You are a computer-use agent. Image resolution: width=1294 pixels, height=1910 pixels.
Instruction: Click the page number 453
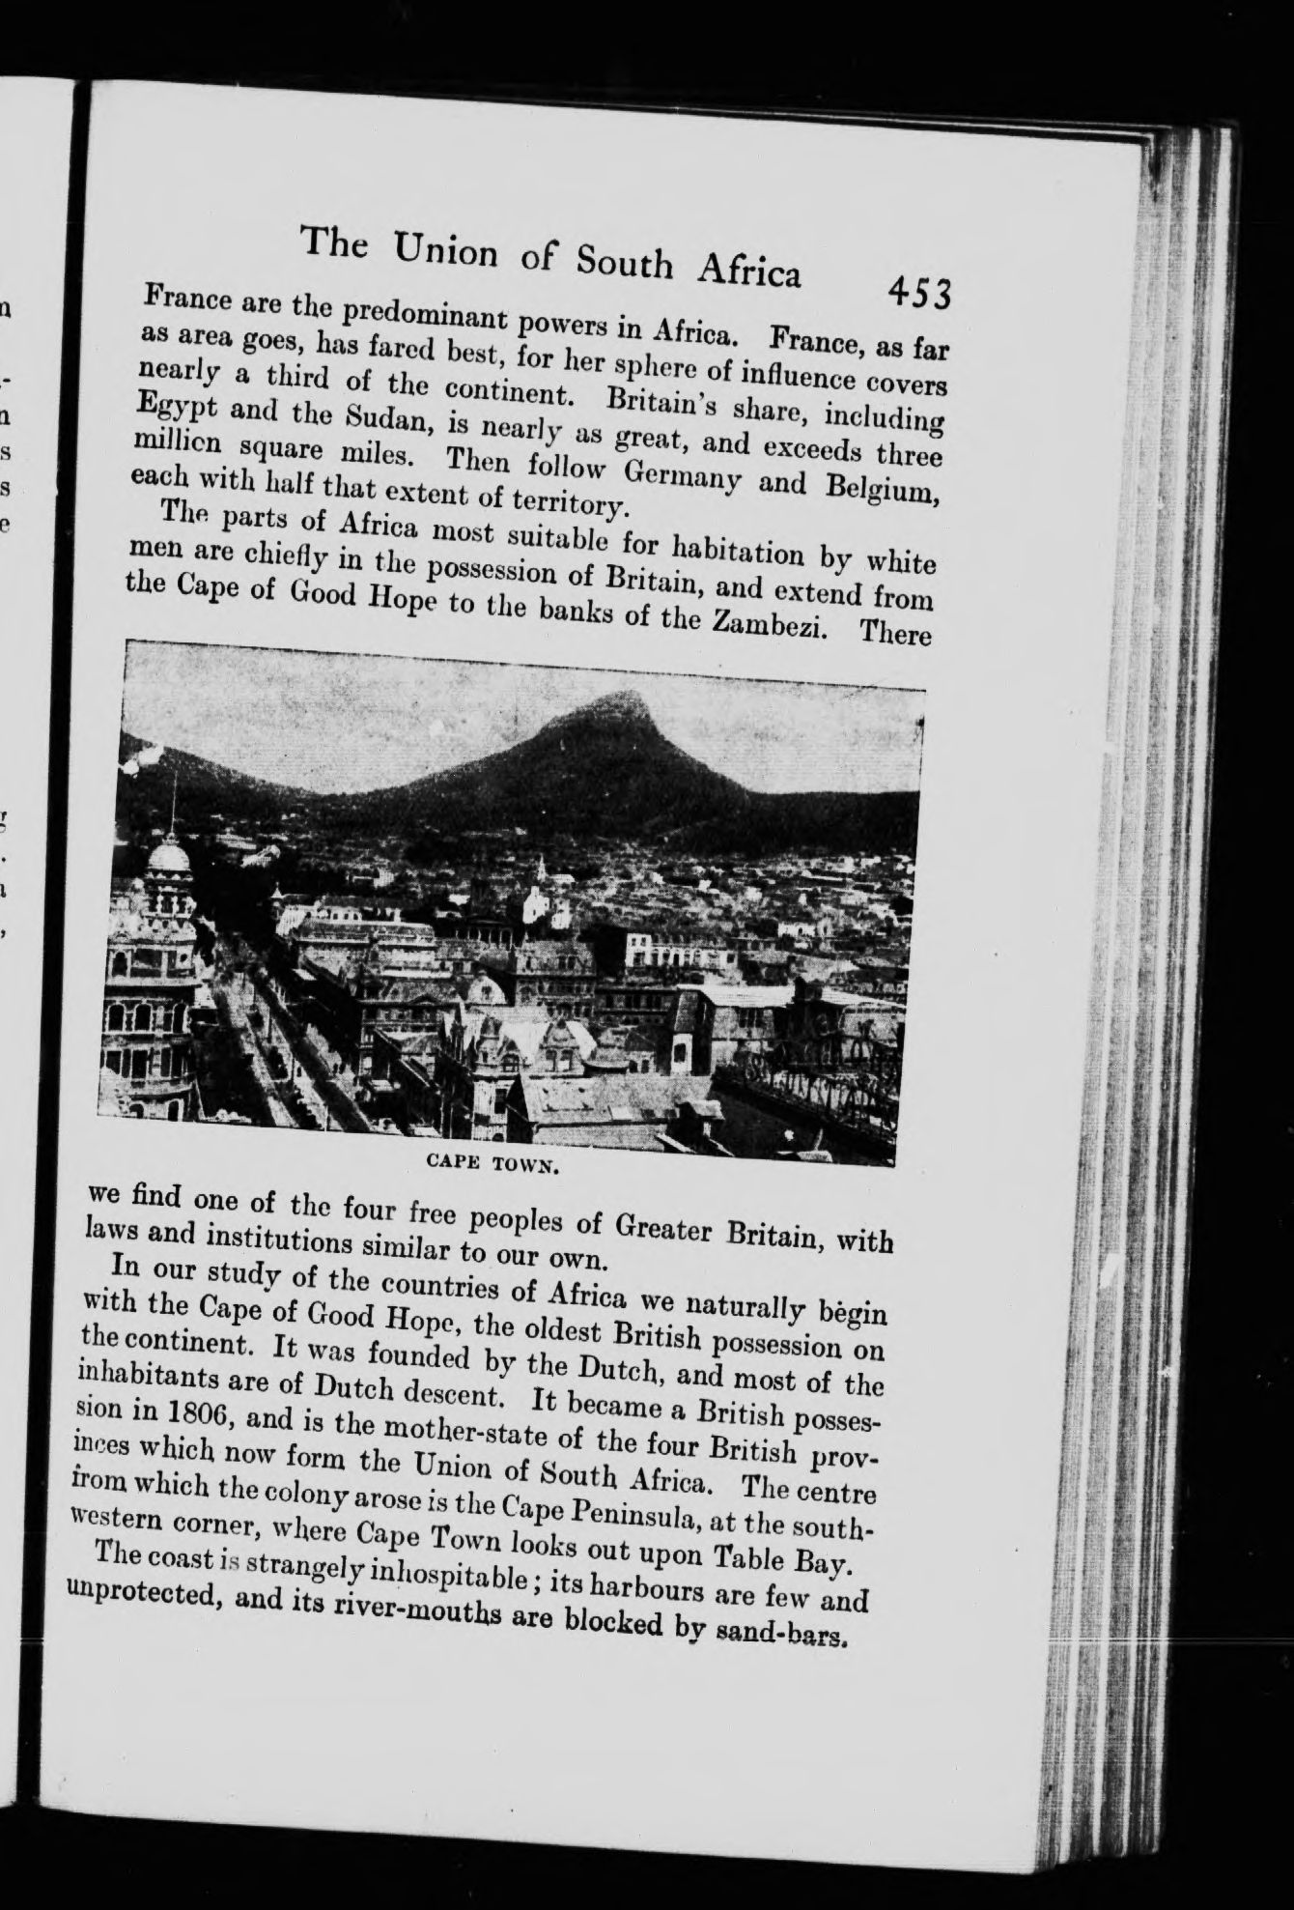tap(920, 291)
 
